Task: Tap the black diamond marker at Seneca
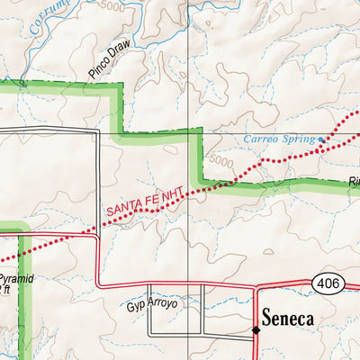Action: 256,329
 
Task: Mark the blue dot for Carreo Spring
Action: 321,139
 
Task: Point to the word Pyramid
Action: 16,280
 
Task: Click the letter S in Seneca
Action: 268,317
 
